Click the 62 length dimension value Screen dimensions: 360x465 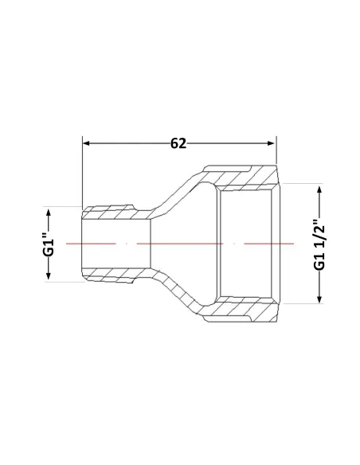[178, 143]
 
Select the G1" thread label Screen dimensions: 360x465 [49, 244]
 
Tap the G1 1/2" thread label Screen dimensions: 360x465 [319, 244]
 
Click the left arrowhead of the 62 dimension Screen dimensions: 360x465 [86, 143]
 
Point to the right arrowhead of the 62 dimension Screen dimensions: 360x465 [271, 143]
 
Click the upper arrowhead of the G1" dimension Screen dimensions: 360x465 [49, 213]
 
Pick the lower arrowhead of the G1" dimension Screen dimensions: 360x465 [49, 276]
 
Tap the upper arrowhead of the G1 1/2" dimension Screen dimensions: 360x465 [319, 189]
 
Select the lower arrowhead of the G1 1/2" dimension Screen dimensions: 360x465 [319, 299]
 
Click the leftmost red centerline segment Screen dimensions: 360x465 [91, 244]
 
